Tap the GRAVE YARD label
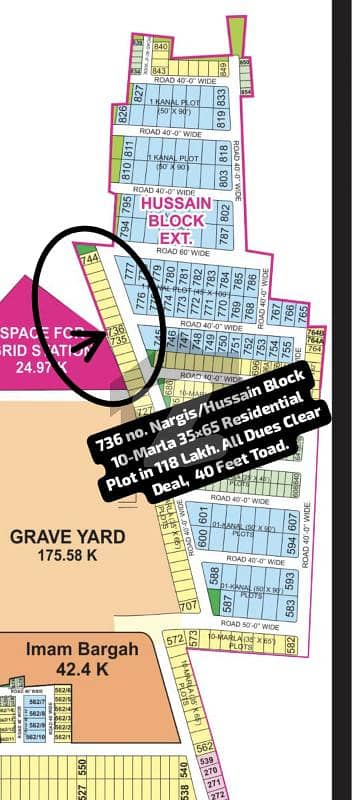pos(68,536)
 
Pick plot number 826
pos(123,115)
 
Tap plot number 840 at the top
pos(162,45)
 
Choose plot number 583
pos(289,607)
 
